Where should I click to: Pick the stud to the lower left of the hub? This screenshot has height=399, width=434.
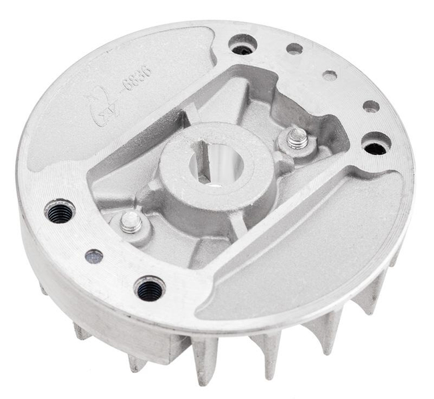tap(131, 222)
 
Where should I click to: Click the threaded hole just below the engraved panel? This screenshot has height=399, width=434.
tap(60, 212)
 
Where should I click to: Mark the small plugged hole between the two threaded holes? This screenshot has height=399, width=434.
tap(94, 256)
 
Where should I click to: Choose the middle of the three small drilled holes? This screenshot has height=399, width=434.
tap(330, 76)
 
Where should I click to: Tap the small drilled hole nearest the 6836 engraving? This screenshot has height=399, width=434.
tap(294, 49)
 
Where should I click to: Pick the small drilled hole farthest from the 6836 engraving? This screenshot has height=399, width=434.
tap(371, 106)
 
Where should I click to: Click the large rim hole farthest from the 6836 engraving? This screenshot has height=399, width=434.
tap(376, 143)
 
